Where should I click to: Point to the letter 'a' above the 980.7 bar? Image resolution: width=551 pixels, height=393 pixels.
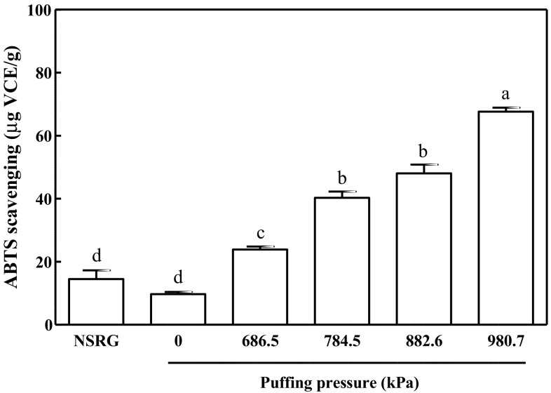(x=505, y=94)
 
